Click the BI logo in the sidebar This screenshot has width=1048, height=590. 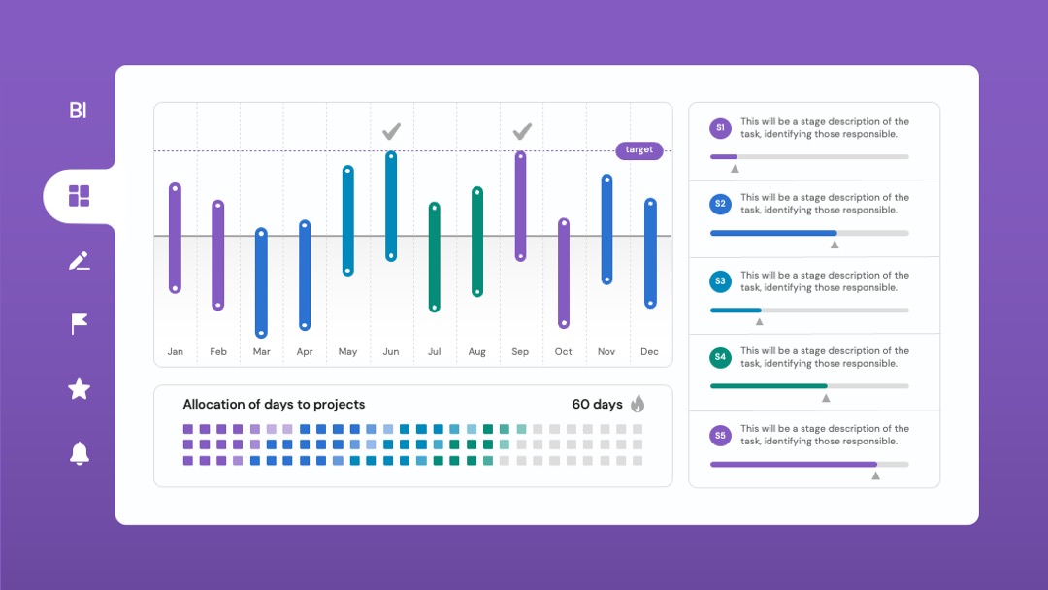79,111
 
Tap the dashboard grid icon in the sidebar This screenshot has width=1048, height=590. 79,196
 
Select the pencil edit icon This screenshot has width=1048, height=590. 79,261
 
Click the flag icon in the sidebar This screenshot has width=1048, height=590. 79,324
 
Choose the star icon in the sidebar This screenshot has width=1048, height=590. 79,389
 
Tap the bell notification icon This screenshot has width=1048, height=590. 79,453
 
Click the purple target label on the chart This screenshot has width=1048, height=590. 639,150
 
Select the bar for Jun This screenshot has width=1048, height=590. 391,206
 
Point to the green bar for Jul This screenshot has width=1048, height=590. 435,257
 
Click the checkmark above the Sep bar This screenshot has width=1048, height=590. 522,131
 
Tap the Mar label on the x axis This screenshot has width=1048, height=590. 261,351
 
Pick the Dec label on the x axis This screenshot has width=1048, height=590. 649,351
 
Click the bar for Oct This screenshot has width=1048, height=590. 564,274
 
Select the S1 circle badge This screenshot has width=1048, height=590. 720,128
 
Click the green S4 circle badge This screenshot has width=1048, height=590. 720,357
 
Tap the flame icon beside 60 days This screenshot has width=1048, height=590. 638,404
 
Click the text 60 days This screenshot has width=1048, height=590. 597,405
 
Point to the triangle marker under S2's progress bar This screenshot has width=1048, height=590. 835,245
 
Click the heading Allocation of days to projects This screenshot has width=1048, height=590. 274,405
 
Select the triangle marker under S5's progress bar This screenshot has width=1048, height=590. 875,475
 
